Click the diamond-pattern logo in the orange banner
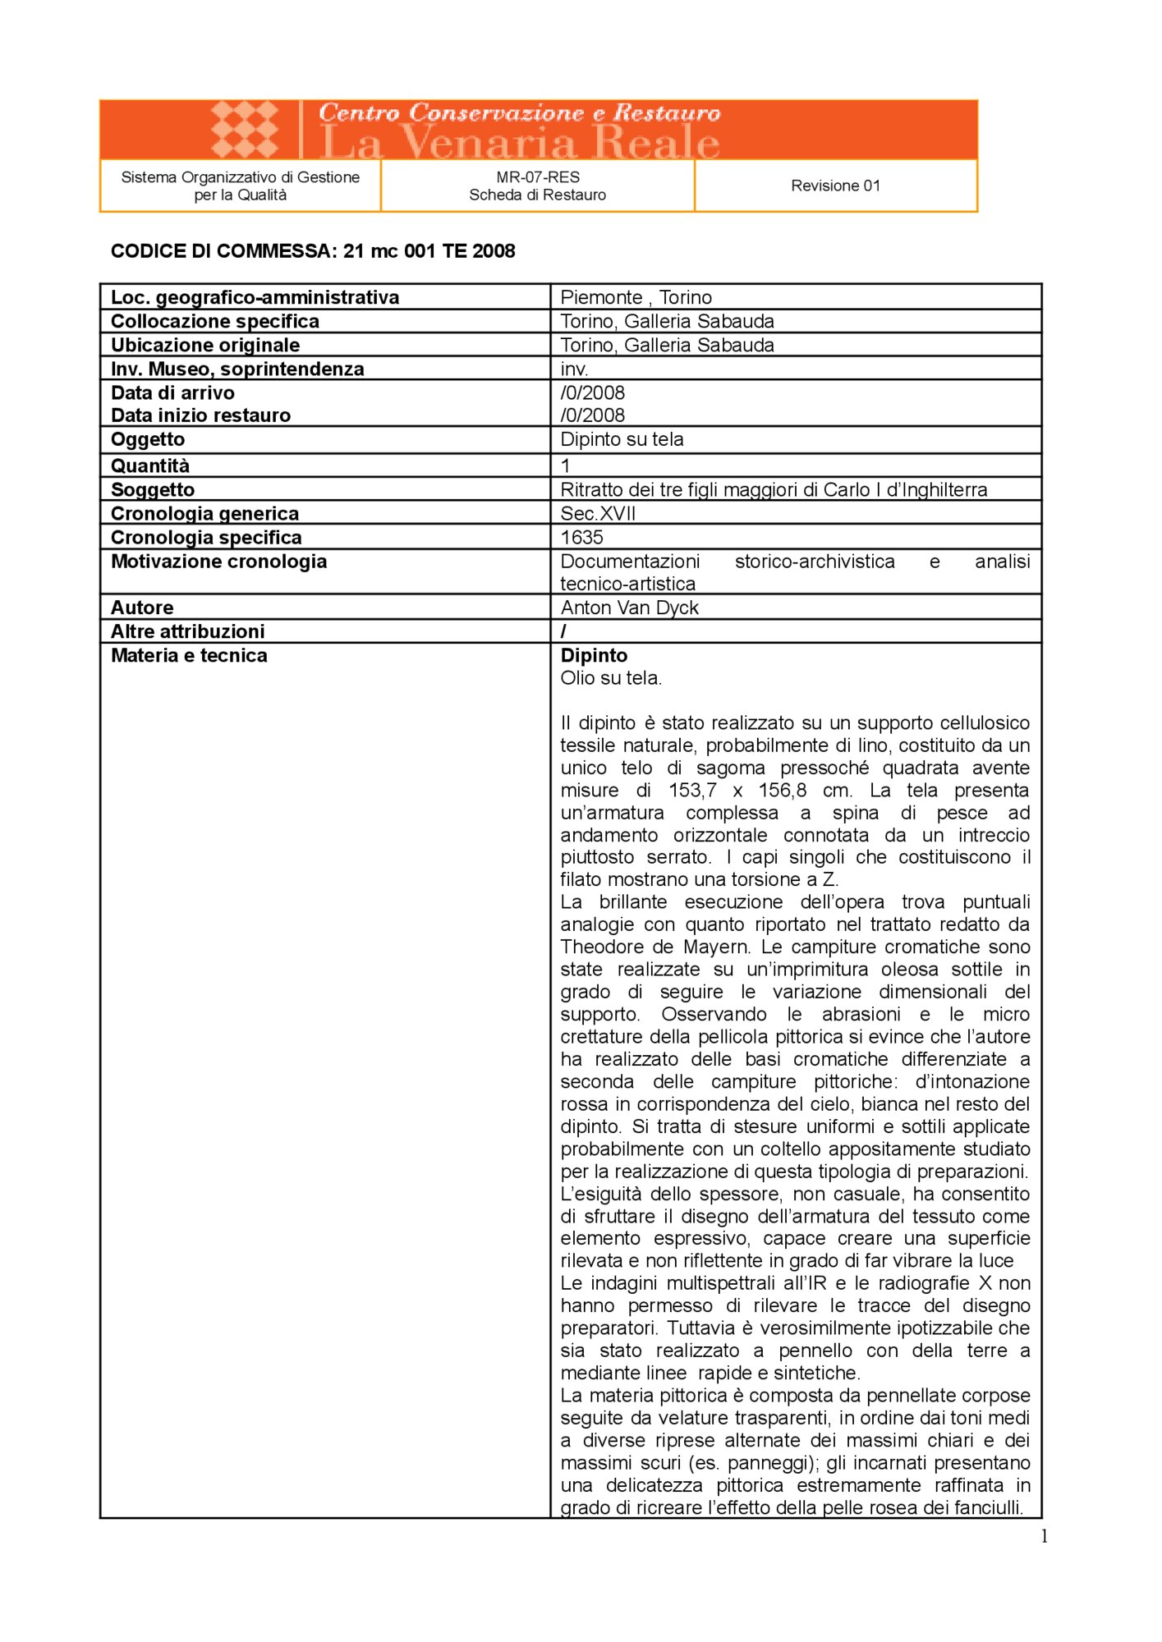245,129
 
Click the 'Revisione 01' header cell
835,186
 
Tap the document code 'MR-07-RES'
538,177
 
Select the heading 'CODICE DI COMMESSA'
223,251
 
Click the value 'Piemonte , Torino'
636,297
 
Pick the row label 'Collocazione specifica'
215,321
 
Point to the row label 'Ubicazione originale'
205,345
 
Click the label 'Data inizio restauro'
200,415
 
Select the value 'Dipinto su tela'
622,439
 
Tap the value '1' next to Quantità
565,466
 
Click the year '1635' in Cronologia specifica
581,537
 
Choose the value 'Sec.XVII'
598,513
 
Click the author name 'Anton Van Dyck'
629,608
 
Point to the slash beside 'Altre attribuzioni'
563,631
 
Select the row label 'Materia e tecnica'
189,655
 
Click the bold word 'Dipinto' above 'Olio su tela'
594,655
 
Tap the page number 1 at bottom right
1044,1537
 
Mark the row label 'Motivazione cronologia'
218,562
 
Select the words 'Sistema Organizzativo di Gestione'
240,177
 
